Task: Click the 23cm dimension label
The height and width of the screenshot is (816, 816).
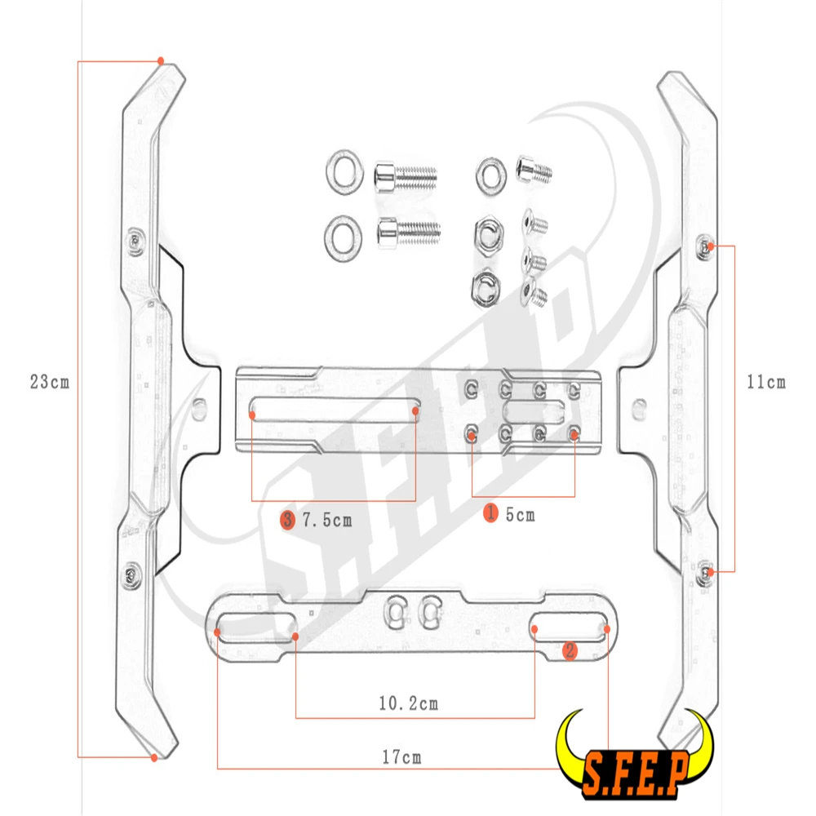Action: [50, 381]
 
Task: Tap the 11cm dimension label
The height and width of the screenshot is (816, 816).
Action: [766, 381]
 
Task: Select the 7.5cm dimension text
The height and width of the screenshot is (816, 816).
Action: [327, 520]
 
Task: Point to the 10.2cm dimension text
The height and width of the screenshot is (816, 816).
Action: [408, 703]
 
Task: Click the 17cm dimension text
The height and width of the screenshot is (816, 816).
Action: [401, 757]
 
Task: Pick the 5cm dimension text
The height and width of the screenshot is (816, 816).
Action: [520, 515]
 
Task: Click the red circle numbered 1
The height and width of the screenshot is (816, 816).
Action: [490, 512]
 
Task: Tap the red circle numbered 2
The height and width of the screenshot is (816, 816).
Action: [570, 650]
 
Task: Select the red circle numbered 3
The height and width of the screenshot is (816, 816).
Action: [287, 519]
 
